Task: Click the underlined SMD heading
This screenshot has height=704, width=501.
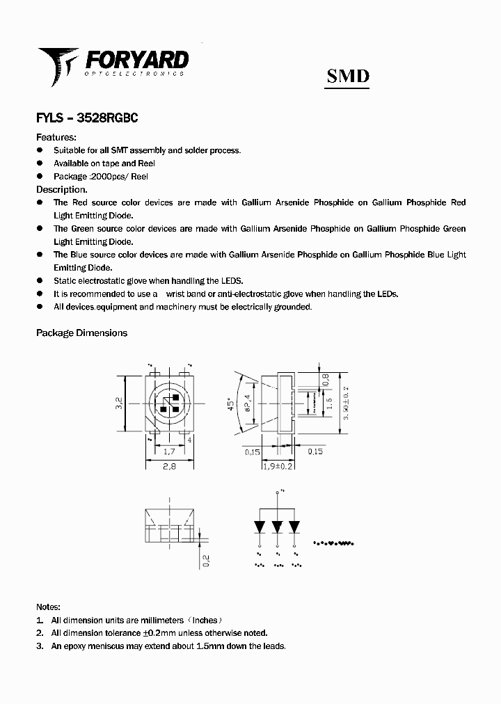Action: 348,76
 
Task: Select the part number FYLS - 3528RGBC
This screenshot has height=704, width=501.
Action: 86,118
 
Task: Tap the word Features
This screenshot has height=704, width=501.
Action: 56,137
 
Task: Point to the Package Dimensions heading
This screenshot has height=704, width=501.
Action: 81,333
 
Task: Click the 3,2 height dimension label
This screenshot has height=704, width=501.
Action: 119,403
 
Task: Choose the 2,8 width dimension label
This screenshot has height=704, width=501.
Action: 169,467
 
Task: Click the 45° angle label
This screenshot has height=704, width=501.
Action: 230,406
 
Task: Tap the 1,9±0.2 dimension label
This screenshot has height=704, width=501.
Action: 278,466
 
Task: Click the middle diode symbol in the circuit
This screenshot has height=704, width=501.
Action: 278,527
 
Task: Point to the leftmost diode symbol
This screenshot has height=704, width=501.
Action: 260,527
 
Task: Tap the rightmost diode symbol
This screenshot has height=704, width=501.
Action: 295,527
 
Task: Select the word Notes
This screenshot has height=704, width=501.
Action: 48,607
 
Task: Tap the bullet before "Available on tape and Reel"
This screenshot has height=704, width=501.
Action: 40,163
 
